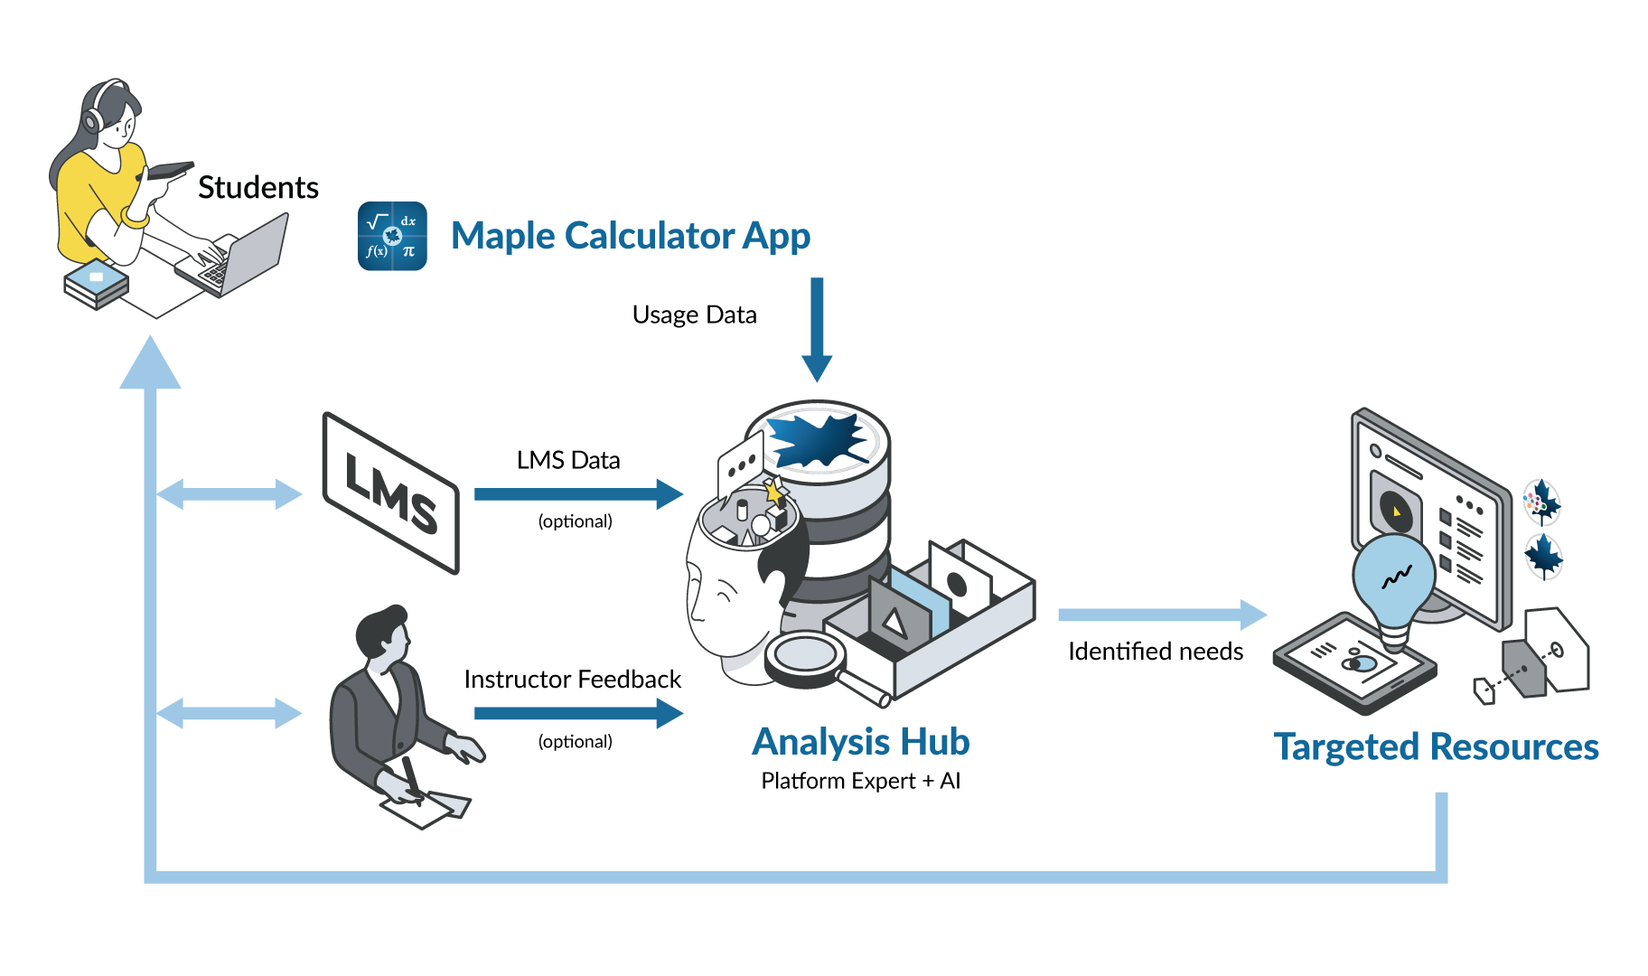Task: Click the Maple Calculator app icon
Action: coord(392,236)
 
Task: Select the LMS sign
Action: coord(391,493)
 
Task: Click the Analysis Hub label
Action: coord(861,742)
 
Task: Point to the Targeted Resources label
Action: coord(1436,747)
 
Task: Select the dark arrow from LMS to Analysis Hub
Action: coord(578,493)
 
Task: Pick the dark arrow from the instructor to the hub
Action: coord(578,713)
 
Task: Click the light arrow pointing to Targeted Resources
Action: coord(1162,615)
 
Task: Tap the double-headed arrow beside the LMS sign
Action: coord(229,493)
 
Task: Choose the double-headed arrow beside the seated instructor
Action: coord(229,713)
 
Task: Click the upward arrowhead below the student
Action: coord(150,364)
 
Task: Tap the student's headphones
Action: coord(93,118)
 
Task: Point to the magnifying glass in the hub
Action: coord(804,657)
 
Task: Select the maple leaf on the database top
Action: coord(818,440)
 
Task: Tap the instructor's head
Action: coord(384,633)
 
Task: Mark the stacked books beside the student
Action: coord(96,283)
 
